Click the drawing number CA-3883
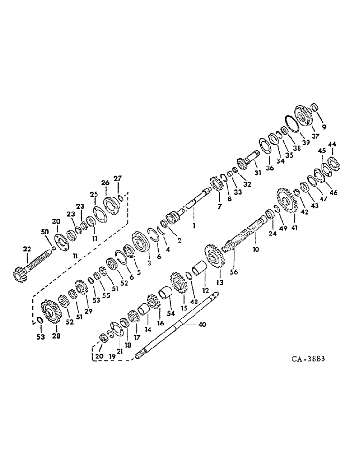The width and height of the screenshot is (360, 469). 307,360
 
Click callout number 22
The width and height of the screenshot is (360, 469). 26,248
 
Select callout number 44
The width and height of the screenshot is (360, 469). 332,144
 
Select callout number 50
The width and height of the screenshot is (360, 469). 45,232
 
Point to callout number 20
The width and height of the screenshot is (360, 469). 98,356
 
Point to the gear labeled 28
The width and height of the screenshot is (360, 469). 49,311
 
